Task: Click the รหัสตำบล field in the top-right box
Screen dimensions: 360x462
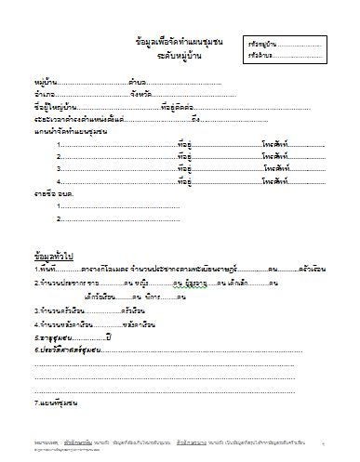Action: click(x=260, y=56)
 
